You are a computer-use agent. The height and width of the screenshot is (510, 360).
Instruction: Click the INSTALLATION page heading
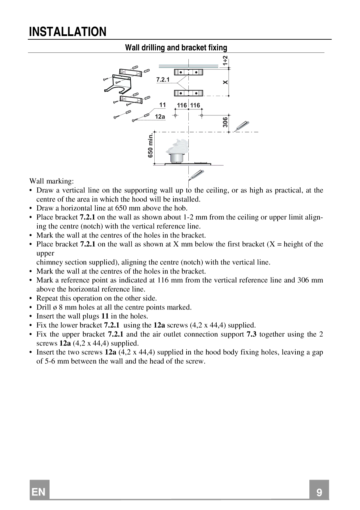[68, 32]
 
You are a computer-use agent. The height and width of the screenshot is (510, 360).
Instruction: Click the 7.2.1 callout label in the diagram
[163, 79]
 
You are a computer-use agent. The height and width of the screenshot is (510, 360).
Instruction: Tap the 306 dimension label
[226, 122]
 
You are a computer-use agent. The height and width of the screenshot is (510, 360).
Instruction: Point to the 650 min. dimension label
[150, 146]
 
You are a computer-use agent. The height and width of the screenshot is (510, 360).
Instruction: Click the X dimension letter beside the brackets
[226, 82]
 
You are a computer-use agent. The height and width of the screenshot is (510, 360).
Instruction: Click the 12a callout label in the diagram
[160, 117]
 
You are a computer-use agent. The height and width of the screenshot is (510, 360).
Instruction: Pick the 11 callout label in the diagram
[162, 105]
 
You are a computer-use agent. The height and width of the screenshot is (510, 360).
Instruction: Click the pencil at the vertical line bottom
[196, 175]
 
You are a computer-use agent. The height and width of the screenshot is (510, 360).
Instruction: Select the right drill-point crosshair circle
[202, 115]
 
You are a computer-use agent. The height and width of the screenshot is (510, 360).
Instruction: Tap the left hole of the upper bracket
[180, 72]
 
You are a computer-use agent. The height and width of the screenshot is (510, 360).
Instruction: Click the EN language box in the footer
[39, 492]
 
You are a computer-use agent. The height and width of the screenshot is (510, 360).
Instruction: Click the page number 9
[319, 493]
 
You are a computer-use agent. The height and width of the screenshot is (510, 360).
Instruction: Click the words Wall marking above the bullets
[52, 181]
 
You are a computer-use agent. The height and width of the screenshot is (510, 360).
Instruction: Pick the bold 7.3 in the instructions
[252, 334]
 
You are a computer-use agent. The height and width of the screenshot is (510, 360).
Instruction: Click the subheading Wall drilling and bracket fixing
[176, 48]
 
